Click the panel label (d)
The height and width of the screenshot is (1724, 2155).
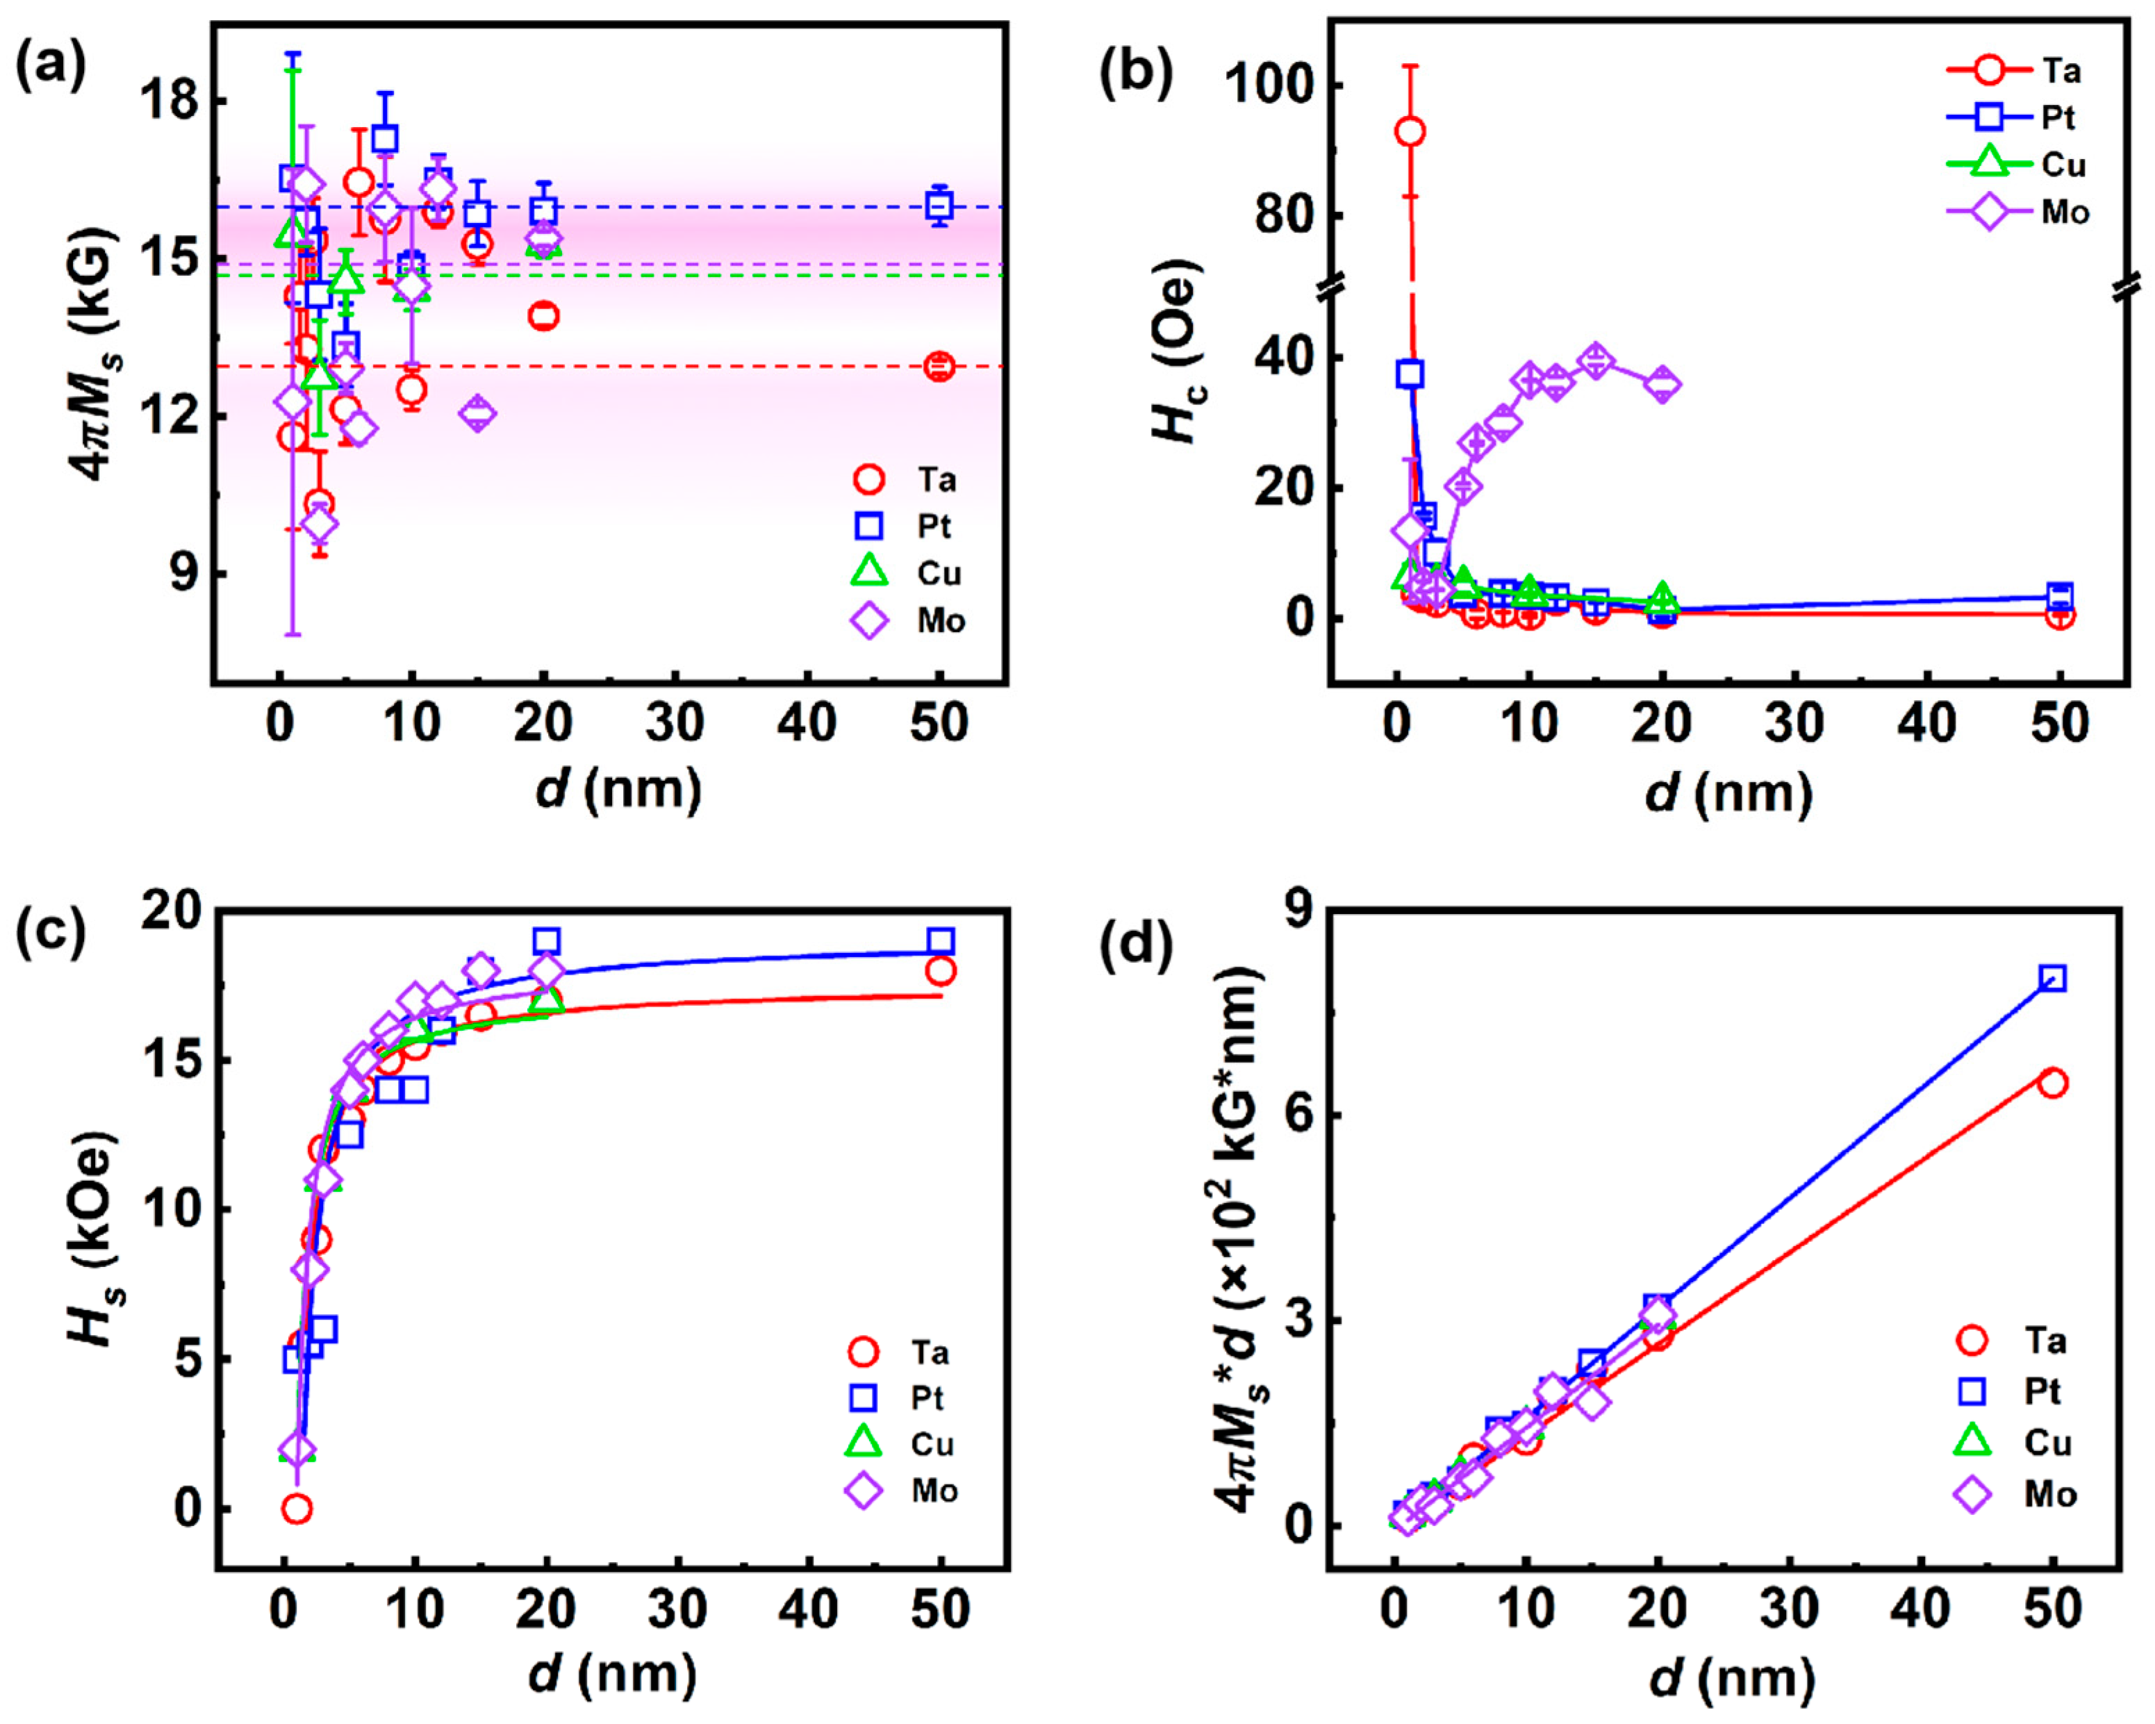coord(1135,945)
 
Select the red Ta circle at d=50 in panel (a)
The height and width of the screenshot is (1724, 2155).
coord(939,367)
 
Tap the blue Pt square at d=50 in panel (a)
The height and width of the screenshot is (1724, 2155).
coord(939,206)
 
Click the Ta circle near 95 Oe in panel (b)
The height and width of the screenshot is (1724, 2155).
coord(1410,131)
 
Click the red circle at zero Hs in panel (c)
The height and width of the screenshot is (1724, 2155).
coord(297,1508)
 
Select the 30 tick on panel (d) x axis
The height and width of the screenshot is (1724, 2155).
coord(1790,1609)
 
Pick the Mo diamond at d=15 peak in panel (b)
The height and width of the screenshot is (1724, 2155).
coord(1595,360)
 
